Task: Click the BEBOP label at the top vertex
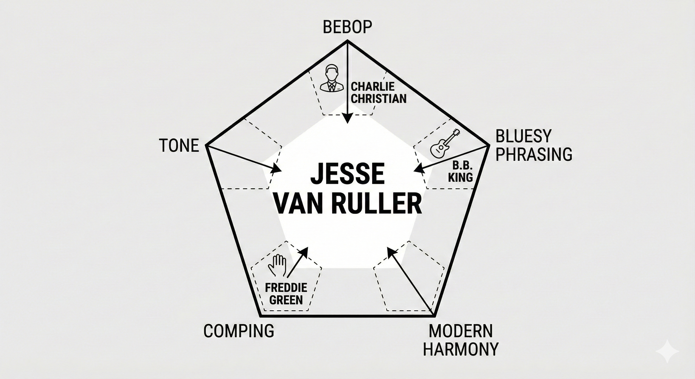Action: pyautogui.click(x=347, y=27)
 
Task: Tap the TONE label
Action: pyautogui.click(x=179, y=145)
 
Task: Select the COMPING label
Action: pyautogui.click(x=239, y=331)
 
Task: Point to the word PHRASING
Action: pyautogui.click(x=534, y=154)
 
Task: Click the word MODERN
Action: pyautogui.click(x=461, y=331)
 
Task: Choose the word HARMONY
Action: pyautogui.click(x=461, y=349)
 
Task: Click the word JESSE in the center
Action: pyautogui.click(x=347, y=174)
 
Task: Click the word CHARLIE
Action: pyautogui.click(x=373, y=86)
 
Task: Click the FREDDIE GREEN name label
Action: pyautogui.click(x=286, y=293)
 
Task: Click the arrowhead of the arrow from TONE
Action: pyautogui.click(x=277, y=169)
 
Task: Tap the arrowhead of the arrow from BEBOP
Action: pyautogui.click(x=347, y=119)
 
